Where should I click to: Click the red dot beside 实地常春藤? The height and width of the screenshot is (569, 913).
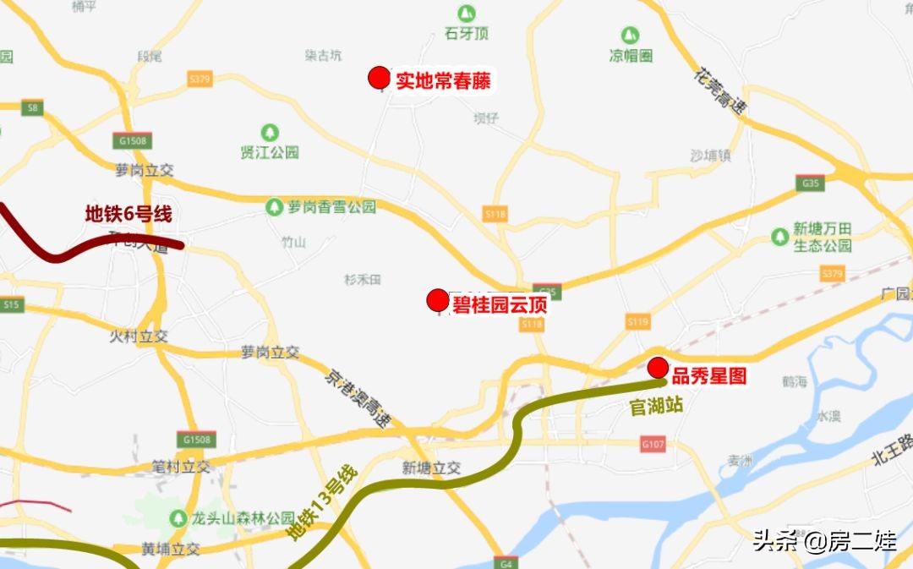pyautogui.click(x=380, y=79)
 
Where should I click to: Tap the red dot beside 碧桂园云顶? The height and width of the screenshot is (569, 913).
pyautogui.click(x=438, y=300)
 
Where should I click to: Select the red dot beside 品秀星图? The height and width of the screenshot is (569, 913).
pyautogui.click(x=658, y=368)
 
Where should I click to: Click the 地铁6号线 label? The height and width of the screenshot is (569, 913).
pyautogui.click(x=128, y=214)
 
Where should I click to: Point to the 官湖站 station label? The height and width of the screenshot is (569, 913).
pyautogui.click(x=657, y=406)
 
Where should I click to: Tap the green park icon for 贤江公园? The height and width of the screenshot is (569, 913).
pyautogui.click(x=270, y=133)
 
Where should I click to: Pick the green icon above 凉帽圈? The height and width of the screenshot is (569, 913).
pyautogui.click(x=630, y=36)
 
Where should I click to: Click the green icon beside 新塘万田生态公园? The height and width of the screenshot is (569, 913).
pyautogui.click(x=779, y=237)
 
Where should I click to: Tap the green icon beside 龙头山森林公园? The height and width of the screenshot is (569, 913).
pyautogui.click(x=178, y=517)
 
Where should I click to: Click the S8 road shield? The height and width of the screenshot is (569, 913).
pyautogui.click(x=33, y=107)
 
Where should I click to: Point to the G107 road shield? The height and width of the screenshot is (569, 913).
pyautogui.click(x=653, y=443)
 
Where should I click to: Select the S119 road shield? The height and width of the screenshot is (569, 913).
pyautogui.click(x=637, y=321)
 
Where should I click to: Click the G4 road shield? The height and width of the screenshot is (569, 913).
pyautogui.click(x=506, y=562)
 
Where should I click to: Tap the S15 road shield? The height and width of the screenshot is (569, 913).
pyautogui.click(x=12, y=304)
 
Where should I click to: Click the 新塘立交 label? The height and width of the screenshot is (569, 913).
pyautogui.click(x=431, y=468)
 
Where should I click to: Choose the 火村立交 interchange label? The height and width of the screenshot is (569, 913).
pyautogui.click(x=139, y=336)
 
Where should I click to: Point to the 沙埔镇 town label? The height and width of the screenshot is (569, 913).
pyautogui.click(x=710, y=156)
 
